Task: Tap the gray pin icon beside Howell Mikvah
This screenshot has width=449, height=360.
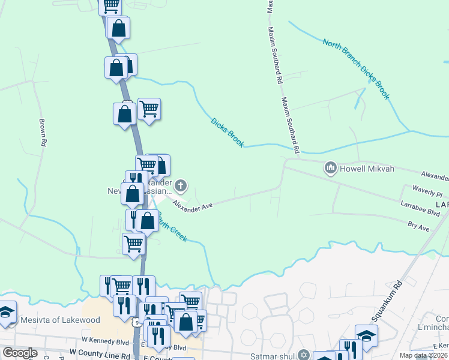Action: coord(330,169)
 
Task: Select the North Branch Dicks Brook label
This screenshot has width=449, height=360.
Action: coord(356,69)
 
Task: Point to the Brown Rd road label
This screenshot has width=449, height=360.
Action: coord(43,132)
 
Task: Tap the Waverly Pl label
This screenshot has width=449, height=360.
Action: coord(427,193)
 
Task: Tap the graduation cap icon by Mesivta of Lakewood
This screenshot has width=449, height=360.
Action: coord(7,314)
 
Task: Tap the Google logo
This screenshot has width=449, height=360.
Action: coord(20,353)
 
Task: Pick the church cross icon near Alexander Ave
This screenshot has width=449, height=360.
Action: coord(179,185)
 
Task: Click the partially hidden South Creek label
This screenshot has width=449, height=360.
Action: coord(173,231)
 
